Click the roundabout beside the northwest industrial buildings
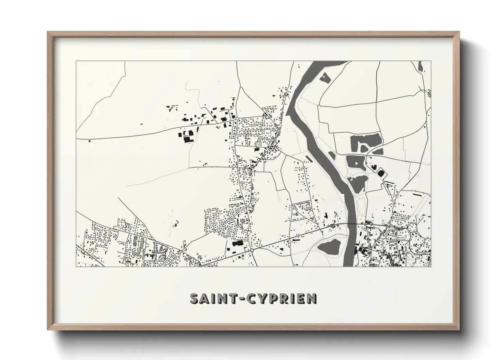(x=237, y=118)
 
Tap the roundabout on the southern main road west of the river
(x=252, y=250)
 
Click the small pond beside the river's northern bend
(x=325, y=78)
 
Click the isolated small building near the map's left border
(x=90, y=140)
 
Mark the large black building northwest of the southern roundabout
(x=238, y=243)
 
